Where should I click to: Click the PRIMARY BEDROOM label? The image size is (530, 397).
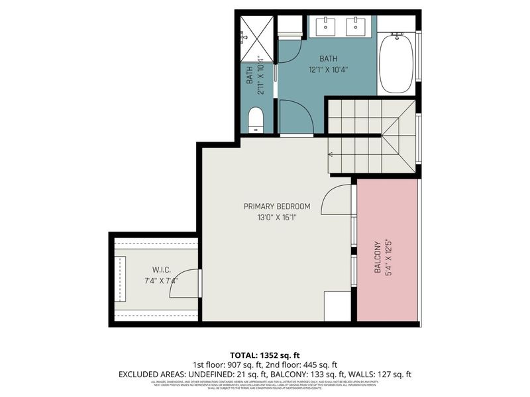click(x=277, y=206)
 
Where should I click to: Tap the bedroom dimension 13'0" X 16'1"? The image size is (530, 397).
click(x=277, y=217)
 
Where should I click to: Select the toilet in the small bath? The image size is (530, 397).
click(x=255, y=120)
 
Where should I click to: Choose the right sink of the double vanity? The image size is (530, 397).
click(x=356, y=28)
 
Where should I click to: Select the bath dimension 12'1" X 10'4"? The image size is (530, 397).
click(x=327, y=69)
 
